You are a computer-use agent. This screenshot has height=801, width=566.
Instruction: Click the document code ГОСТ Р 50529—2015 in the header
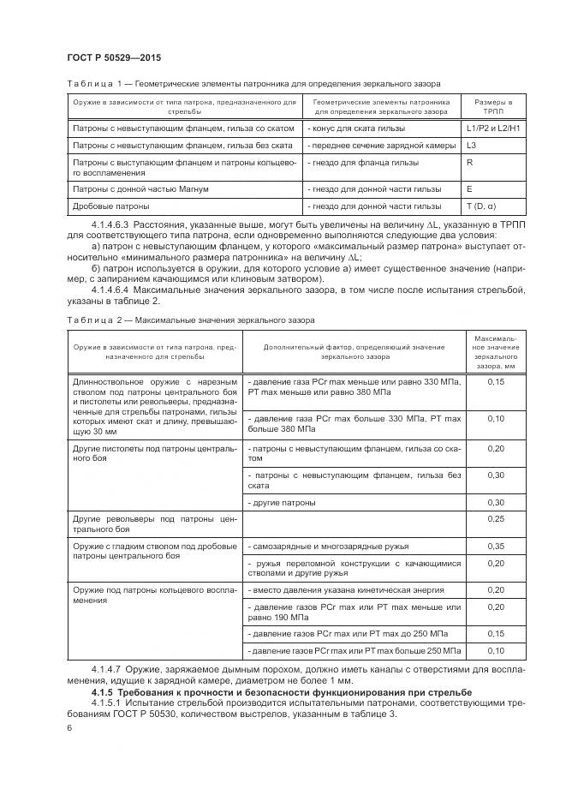tap(113, 57)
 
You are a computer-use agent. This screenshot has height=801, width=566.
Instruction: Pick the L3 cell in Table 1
tap(472, 146)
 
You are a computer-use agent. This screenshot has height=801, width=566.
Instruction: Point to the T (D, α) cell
tap(481, 206)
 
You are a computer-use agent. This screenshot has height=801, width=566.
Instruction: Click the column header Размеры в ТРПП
tap(494, 106)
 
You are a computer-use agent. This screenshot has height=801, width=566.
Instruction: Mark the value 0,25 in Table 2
tap(495, 519)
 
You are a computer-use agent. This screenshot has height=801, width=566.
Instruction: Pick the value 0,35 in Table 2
tap(495, 546)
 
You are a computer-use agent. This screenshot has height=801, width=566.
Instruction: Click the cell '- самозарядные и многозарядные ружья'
tap(327, 546)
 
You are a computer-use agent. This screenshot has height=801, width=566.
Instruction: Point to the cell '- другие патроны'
tap(281, 501)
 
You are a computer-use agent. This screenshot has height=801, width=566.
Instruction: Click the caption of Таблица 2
tap(190, 320)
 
